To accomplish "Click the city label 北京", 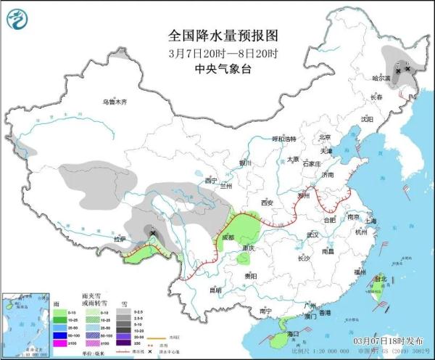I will point(324,136).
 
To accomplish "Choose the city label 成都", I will point(229,237).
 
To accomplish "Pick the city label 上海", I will point(371,221).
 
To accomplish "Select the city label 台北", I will point(378,278).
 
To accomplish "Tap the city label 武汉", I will point(312,234).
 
